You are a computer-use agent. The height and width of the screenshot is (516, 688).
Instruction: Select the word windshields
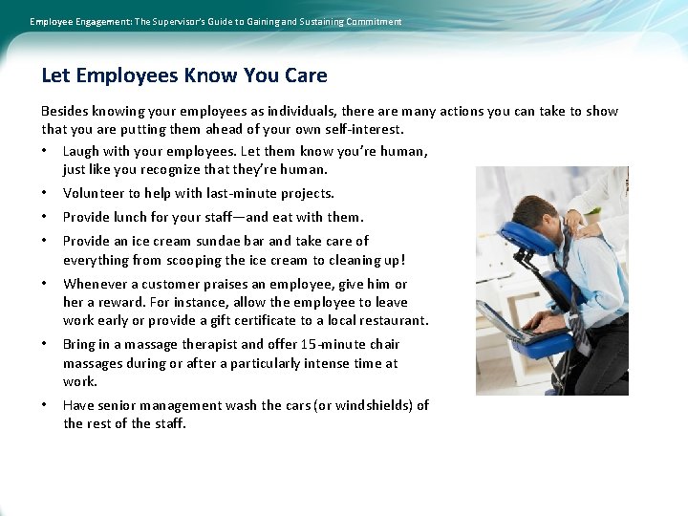(x=371, y=405)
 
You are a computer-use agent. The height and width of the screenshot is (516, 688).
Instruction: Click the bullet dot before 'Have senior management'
(x=46, y=405)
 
